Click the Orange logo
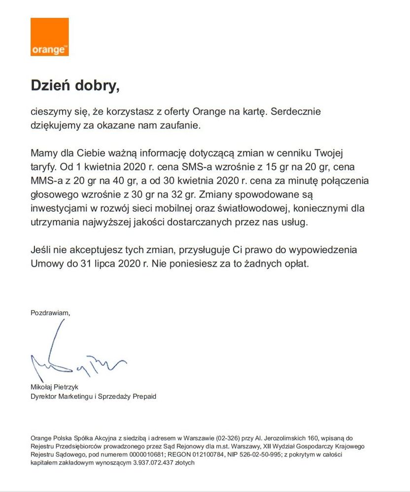(49, 37)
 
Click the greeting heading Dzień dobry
(75, 85)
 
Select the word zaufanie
(177, 126)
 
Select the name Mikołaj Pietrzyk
(54, 387)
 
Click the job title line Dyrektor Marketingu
(93, 396)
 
